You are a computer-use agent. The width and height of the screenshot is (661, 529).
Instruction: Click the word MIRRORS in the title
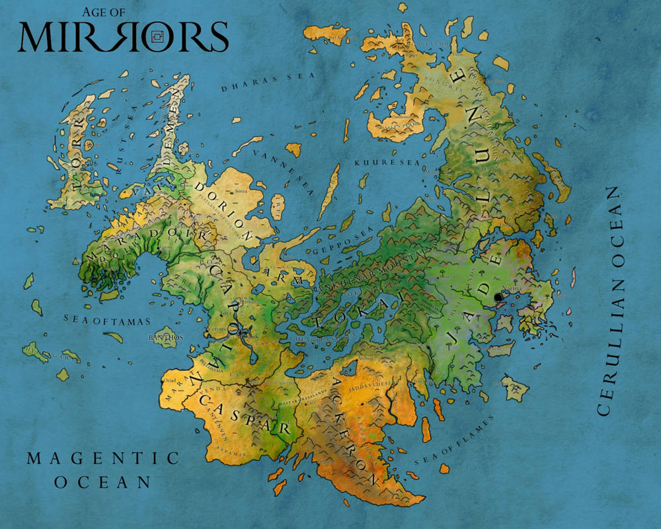tap(123, 37)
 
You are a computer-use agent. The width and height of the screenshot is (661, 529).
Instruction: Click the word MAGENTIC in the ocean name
tap(103, 458)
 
